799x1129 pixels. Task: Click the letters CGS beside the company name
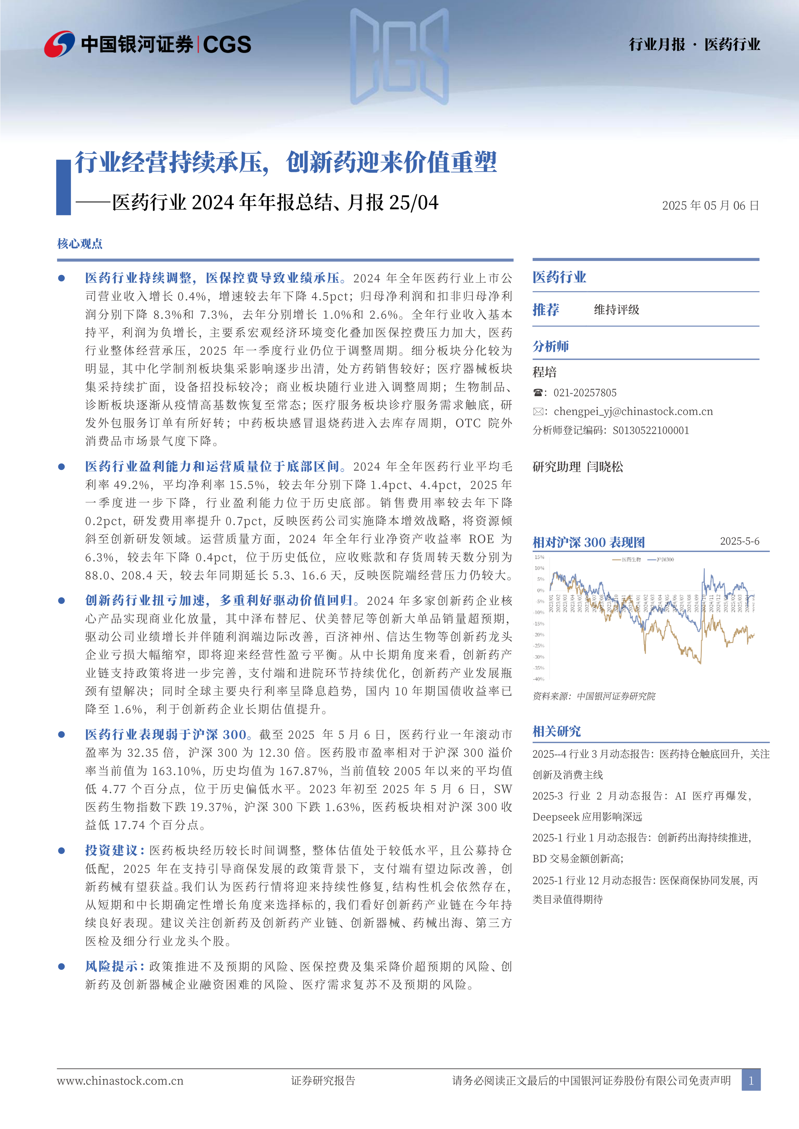(227, 45)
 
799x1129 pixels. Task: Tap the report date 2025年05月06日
(710, 206)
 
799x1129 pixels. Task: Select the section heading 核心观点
(80, 243)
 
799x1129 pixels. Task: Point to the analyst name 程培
(545, 372)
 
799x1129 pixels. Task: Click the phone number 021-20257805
(585, 392)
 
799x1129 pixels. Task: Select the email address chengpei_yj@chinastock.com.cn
(633, 411)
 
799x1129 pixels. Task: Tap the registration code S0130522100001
(651, 430)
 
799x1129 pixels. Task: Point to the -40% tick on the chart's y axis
(539, 679)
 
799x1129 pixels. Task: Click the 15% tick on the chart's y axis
(540, 557)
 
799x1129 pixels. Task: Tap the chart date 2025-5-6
(739, 541)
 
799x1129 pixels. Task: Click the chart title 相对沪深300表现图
(588, 542)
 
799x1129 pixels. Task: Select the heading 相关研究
(556, 731)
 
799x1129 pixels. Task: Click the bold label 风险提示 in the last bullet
(111, 966)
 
